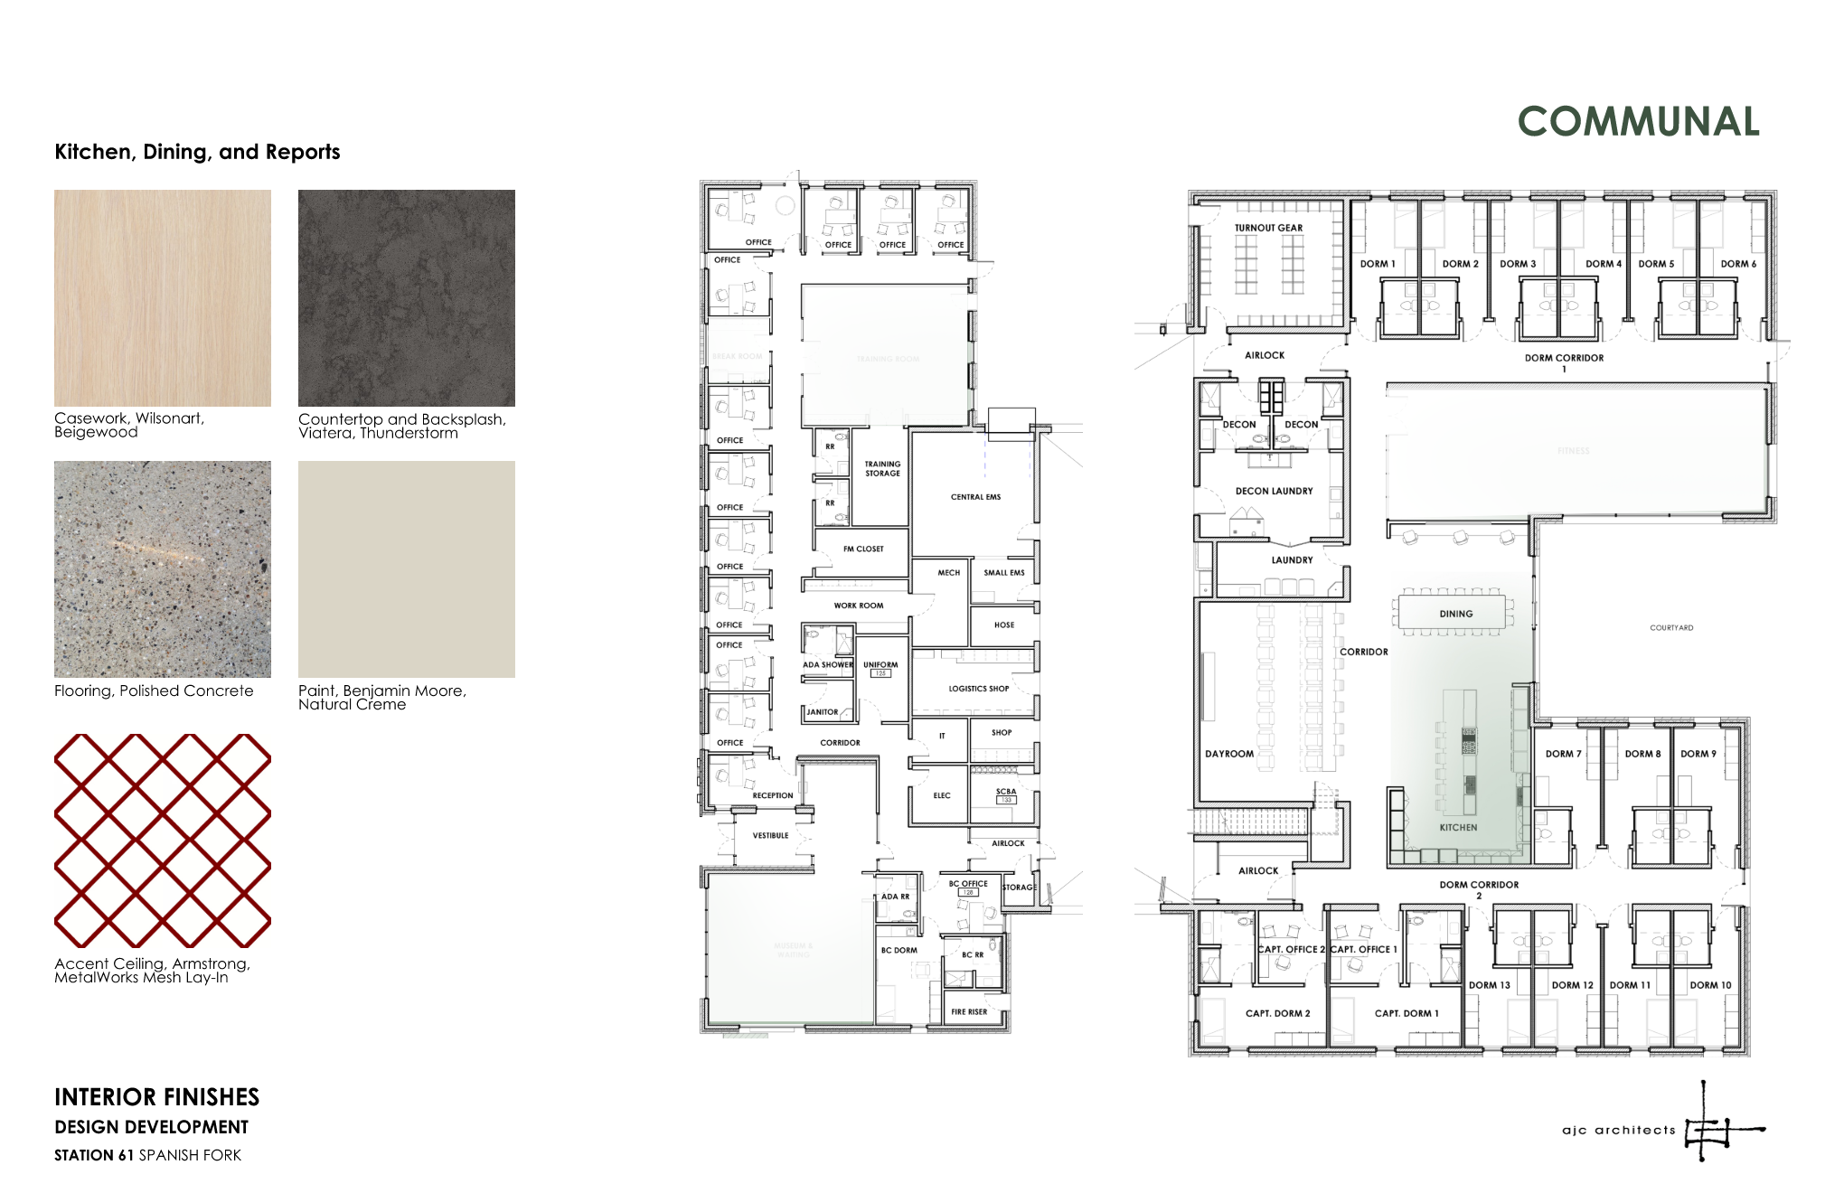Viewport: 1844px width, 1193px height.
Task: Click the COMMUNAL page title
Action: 1638,122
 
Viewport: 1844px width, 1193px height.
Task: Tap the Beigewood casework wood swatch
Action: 163,298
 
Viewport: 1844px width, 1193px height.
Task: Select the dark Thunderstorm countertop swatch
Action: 407,298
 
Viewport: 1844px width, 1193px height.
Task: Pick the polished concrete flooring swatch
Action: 163,569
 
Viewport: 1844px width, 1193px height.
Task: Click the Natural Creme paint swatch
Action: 407,569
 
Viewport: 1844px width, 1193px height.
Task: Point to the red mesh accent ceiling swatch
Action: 163,841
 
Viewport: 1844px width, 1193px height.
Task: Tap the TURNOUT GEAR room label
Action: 1268,228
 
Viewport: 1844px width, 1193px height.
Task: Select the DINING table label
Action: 1455,614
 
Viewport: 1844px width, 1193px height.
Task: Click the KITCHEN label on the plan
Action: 1458,827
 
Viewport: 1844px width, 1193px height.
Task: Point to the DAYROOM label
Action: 1229,754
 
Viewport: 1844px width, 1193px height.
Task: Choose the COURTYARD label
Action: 1671,627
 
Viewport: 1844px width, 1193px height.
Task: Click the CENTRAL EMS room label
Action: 975,497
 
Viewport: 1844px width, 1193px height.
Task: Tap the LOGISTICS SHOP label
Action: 978,689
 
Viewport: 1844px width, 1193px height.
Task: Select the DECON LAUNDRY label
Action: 1274,491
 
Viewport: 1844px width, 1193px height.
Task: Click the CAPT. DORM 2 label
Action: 1277,1013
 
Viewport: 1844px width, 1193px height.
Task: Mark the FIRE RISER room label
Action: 969,1012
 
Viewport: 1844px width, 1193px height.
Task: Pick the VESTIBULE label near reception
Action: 770,835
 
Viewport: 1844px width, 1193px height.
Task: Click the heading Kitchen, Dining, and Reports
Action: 197,152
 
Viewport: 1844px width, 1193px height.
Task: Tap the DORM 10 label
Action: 1710,985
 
